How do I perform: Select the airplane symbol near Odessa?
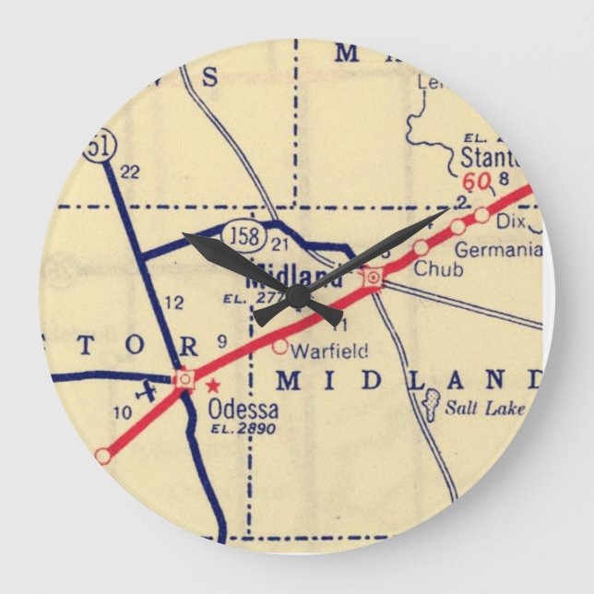[146, 390]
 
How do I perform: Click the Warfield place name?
[329, 350]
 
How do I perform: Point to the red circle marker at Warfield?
[280, 347]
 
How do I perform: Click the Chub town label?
[432, 269]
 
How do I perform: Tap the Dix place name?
[509, 222]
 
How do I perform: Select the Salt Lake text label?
[485, 408]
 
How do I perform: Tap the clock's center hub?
[297, 296]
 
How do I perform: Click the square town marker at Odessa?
[184, 378]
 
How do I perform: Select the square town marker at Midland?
[373, 276]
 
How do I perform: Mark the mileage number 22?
[129, 171]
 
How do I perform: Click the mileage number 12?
[173, 302]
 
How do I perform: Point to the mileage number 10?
[123, 413]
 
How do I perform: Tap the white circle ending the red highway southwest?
[103, 455]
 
